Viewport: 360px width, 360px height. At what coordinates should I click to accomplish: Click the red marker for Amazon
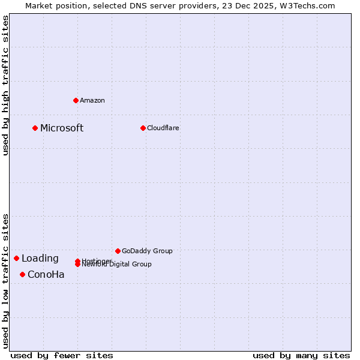tap(76, 100)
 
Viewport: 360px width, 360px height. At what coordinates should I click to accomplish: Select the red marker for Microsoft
tap(35, 128)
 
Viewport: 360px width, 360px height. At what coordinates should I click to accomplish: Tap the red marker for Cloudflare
tap(143, 128)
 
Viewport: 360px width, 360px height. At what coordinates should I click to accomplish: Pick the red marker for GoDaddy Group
tap(118, 251)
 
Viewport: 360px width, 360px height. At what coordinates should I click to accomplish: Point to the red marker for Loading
tap(16, 258)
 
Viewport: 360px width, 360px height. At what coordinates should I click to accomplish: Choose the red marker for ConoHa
tap(22, 274)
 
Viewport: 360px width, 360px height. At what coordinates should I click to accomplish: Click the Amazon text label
tap(92, 100)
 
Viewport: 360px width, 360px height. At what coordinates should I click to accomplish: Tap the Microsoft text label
tap(62, 128)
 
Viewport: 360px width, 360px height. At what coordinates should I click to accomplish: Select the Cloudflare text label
tap(163, 128)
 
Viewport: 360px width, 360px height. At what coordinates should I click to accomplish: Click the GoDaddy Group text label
tap(147, 251)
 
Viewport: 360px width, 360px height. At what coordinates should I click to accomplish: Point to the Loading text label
tap(40, 259)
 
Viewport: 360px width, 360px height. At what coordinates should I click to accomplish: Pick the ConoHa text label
tap(46, 275)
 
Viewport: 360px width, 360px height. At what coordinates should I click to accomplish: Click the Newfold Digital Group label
tap(116, 265)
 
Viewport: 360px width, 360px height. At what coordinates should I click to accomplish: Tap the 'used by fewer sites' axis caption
tap(62, 355)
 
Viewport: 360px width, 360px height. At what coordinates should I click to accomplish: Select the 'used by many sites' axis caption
tap(301, 355)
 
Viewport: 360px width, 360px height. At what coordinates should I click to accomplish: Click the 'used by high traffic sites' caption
tap(5, 86)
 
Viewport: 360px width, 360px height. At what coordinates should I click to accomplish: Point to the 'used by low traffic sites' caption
tap(5, 281)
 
